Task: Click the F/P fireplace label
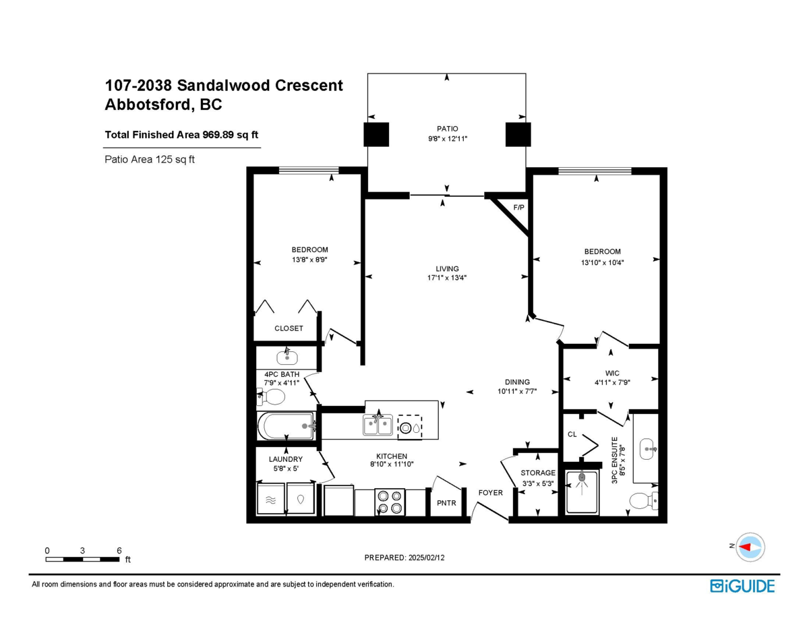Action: pyautogui.click(x=518, y=208)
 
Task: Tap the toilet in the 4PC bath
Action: pyautogui.click(x=273, y=398)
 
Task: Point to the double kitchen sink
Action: pyautogui.click(x=378, y=425)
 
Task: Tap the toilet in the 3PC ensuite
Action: pyautogui.click(x=642, y=501)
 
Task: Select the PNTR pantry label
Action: pyautogui.click(x=446, y=503)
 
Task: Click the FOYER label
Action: pyautogui.click(x=491, y=493)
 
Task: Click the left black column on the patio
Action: pyautogui.click(x=377, y=135)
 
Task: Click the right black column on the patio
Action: pyautogui.click(x=518, y=135)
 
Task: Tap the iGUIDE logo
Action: pyautogui.click(x=742, y=586)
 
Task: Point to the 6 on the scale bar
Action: pyautogui.click(x=119, y=550)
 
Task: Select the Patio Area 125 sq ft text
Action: pyautogui.click(x=150, y=160)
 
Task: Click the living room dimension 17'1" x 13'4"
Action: pyautogui.click(x=447, y=277)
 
